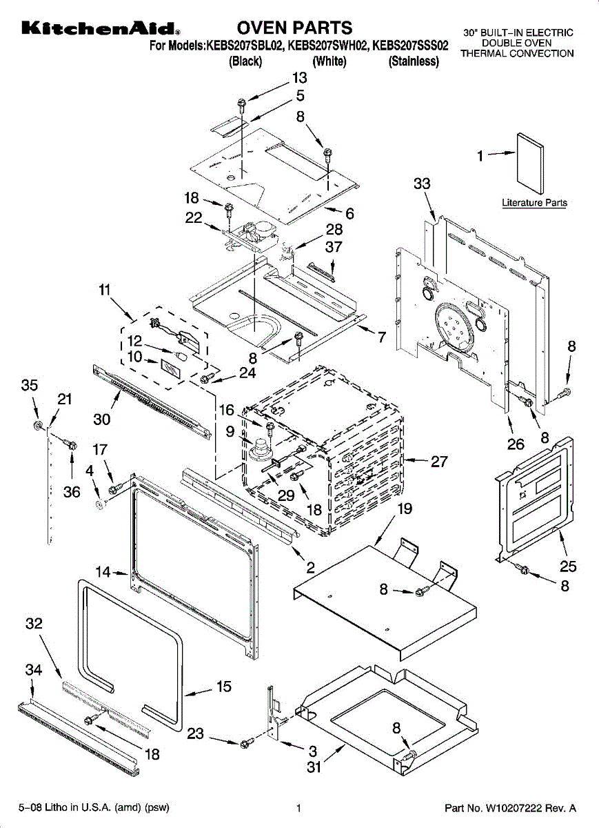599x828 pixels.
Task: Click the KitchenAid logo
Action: (x=101, y=28)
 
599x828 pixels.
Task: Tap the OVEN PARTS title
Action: (x=294, y=28)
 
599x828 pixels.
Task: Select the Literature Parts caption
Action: (x=534, y=203)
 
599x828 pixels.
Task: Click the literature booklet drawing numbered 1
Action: (x=530, y=164)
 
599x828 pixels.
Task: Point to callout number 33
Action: (x=422, y=184)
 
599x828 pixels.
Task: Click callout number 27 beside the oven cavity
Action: (x=439, y=462)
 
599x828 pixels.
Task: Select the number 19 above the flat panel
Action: (x=405, y=509)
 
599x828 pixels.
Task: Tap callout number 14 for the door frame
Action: (x=103, y=572)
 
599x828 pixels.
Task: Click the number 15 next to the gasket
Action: (x=224, y=687)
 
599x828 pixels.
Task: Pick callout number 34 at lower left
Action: (x=34, y=669)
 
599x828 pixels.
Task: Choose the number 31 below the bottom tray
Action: (x=314, y=767)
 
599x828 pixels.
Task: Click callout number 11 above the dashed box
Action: (x=105, y=290)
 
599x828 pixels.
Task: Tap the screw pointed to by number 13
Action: (x=242, y=106)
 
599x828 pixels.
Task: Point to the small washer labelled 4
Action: (x=99, y=504)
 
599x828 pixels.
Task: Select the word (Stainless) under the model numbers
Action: (x=414, y=61)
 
